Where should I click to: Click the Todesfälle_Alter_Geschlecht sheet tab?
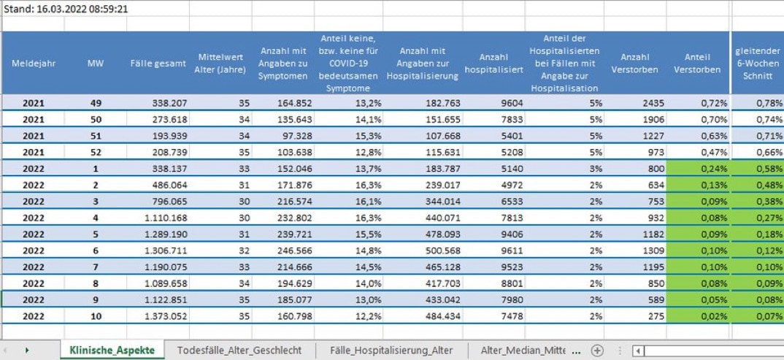[239, 350]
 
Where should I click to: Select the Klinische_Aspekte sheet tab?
[112, 350]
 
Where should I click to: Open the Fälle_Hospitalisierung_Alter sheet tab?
[391, 350]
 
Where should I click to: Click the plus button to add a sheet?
[597, 350]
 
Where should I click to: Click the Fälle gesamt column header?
[158, 64]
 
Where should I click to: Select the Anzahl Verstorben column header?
[634, 64]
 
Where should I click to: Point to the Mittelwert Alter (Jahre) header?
[220, 64]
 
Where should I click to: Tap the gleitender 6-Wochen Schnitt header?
[758, 64]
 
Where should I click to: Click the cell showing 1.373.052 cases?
[158, 316]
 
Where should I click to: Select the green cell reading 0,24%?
[698, 169]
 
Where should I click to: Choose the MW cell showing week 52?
[96, 153]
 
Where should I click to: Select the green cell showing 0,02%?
[698, 316]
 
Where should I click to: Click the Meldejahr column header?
[34, 64]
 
